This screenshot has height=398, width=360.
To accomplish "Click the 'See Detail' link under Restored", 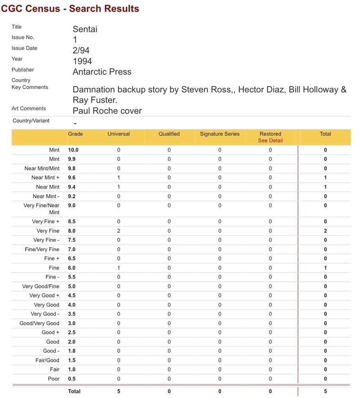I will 270,140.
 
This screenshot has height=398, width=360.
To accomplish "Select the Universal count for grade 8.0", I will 119,231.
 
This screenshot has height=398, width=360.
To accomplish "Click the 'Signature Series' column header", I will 220,134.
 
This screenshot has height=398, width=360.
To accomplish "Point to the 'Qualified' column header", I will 169,134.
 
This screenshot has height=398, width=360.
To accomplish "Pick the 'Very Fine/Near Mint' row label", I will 41,209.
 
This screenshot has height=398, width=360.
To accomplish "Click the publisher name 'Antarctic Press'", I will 102,72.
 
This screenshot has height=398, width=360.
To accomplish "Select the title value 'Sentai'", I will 85,29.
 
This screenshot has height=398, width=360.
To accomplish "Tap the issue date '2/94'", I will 81,50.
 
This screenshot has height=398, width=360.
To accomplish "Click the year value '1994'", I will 82,61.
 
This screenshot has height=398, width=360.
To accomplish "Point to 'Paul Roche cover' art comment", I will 107,111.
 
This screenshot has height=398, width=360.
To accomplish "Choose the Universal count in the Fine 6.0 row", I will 119,268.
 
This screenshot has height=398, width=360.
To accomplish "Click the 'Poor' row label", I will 54,378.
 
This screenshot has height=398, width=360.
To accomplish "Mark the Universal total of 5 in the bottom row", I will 119,391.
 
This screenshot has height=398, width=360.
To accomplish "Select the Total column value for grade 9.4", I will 325,187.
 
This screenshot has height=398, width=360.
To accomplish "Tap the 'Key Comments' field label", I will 30,87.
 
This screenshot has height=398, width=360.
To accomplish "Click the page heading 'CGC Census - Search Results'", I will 70,8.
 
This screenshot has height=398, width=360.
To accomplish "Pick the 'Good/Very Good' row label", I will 39,323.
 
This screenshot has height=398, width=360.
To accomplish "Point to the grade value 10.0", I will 73,150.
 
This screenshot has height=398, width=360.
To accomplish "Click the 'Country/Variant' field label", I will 31,121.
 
